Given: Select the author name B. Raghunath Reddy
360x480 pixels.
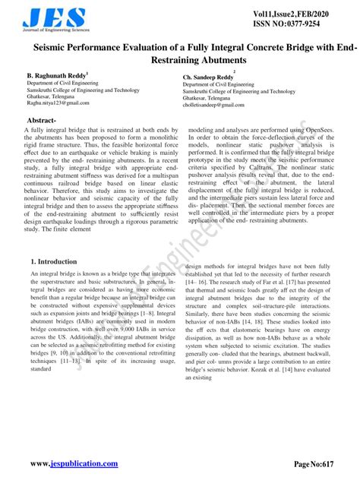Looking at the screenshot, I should pyautogui.click(x=57, y=76).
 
